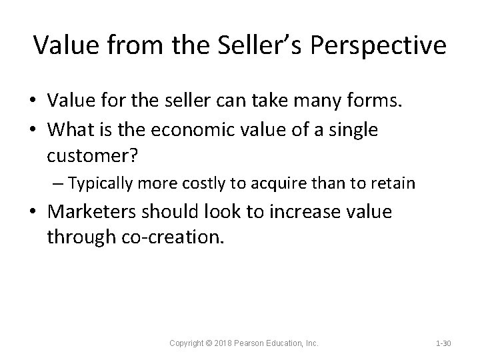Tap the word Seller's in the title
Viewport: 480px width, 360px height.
pyautogui.click(x=249, y=45)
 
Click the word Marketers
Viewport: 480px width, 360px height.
pyautogui.click(x=94, y=213)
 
